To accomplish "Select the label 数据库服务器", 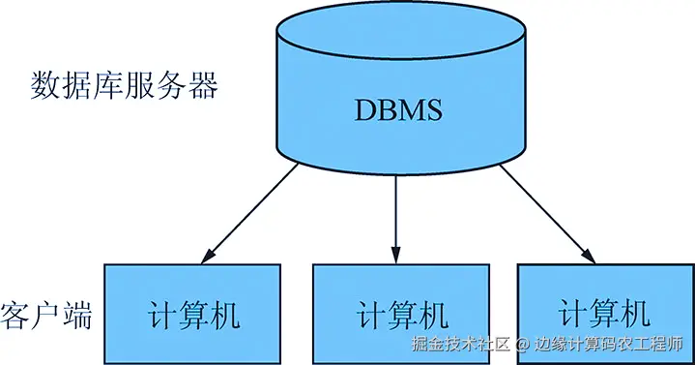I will (125, 87).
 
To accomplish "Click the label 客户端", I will (46, 316).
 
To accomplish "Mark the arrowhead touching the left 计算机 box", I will (204, 257).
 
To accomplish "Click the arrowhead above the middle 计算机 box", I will (395, 254).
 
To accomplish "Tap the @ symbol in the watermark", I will (519, 345).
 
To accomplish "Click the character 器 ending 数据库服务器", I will (204, 87).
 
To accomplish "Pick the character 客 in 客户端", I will (15, 316).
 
